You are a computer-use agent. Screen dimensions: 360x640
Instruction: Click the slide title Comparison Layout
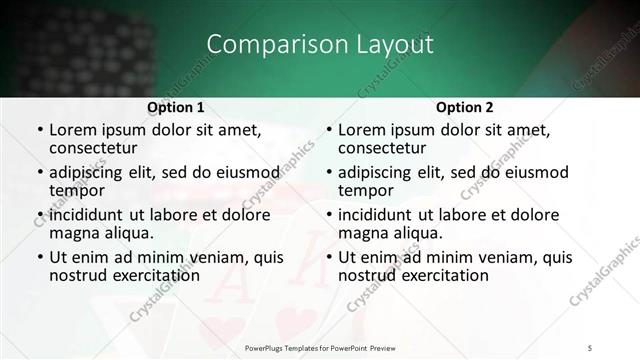(x=320, y=44)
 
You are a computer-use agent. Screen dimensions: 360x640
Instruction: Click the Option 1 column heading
(x=176, y=107)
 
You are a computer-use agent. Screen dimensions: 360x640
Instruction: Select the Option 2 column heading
(x=465, y=107)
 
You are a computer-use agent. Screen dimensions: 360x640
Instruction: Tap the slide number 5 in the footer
(x=591, y=346)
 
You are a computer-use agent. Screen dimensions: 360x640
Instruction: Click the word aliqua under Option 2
(x=417, y=233)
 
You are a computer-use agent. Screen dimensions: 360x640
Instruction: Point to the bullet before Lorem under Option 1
(x=38, y=130)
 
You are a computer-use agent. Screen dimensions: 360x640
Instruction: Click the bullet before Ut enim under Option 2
(x=327, y=257)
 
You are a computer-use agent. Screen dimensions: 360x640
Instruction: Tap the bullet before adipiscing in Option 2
(x=327, y=172)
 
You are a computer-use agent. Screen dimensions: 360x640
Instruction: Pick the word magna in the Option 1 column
(x=75, y=233)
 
